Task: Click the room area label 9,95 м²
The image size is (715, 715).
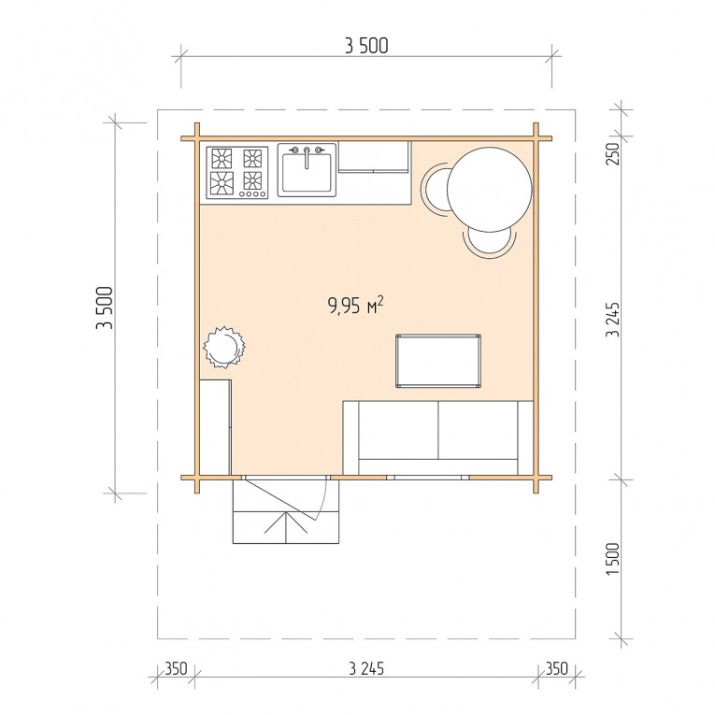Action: click(x=355, y=305)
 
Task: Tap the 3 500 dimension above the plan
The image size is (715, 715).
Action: click(x=366, y=46)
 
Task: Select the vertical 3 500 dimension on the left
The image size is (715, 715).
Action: click(x=105, y=307)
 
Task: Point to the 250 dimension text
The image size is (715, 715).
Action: click(x=613, y=153)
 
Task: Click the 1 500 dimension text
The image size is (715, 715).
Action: click(x=613, y=559)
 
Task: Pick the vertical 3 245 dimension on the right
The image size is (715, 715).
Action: click(x=613, y=320)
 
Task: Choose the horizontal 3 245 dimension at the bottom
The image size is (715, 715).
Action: click(x=366, y=669)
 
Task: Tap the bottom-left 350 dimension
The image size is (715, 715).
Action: click(x=176, y=669)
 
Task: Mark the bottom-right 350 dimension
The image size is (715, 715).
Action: click(x=557, y=669)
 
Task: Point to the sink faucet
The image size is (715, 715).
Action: click(x=307, y=156)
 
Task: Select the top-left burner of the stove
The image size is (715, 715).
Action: click(x=222, y=159)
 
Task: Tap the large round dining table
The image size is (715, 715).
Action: click(x=489, y=189)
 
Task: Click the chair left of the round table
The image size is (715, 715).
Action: click(x=435, y=189)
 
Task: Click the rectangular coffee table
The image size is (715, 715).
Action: click(x=438, y=361)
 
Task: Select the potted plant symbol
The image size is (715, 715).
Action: click(x=223, y=348)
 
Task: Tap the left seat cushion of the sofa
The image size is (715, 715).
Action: click(x=398, y=431)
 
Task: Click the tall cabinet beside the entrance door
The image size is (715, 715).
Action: click(x=215, y=427)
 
